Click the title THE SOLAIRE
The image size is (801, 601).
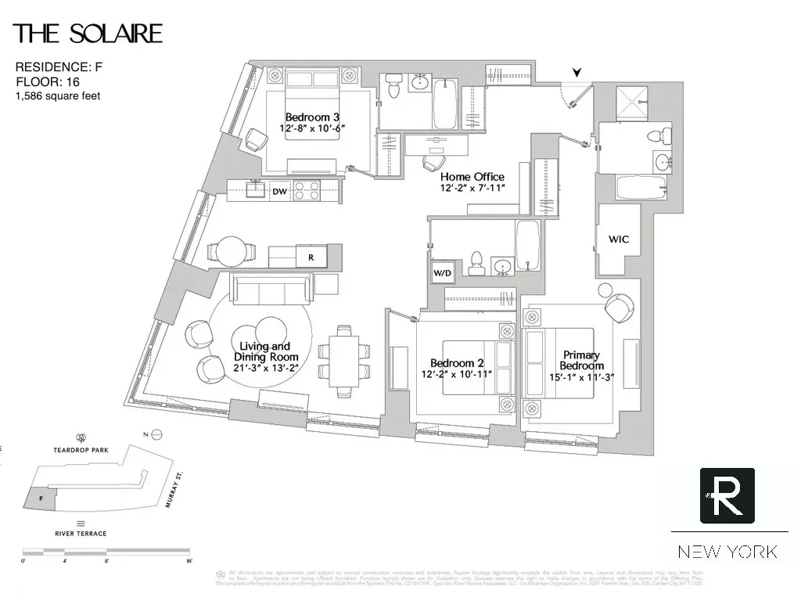88,34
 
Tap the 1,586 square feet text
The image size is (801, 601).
58,95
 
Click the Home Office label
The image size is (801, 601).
472,177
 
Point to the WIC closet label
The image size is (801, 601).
619,239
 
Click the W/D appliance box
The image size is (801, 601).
442,273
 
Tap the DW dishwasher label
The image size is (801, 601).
279,191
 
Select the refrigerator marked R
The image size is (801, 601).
311,256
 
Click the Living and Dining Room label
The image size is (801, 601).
264,351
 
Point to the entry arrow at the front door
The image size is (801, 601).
577,74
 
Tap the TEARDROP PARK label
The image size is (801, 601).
80,451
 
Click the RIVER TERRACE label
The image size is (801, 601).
81,534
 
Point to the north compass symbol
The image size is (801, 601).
156,434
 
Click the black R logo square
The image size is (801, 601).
727,495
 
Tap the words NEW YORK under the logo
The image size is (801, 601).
727,552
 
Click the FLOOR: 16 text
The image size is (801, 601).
48,81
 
